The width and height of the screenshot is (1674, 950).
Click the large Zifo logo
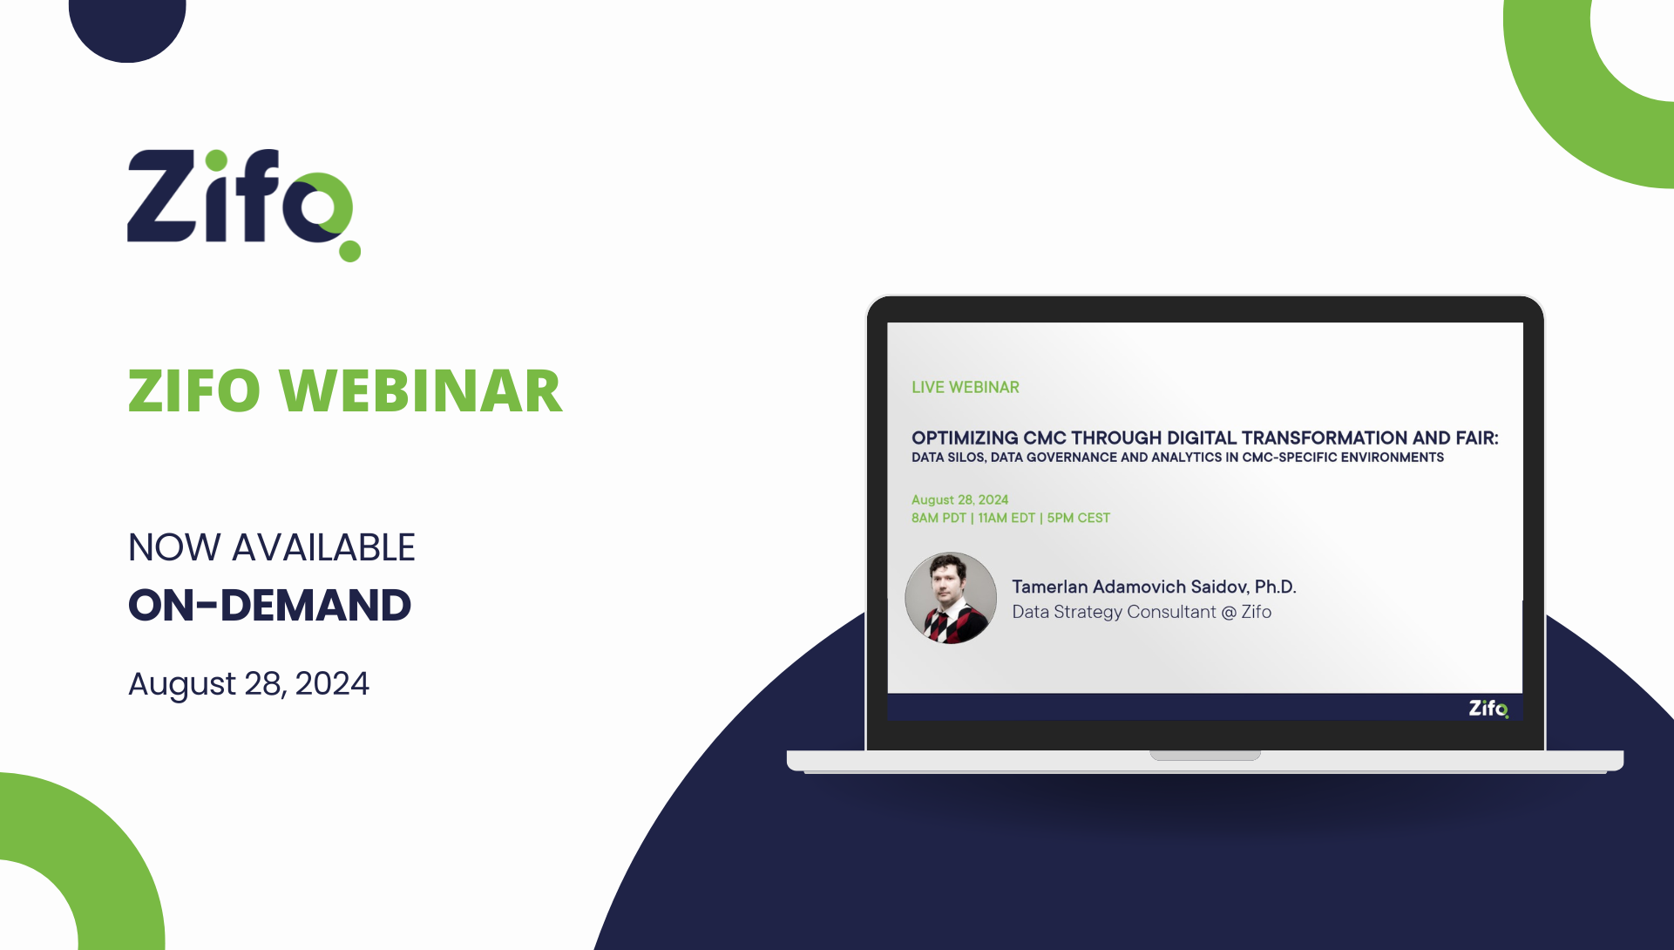tap(244, 205)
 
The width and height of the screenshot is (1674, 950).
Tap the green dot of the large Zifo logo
tap(350, 251)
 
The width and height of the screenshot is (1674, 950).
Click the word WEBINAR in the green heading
tap(421, 390)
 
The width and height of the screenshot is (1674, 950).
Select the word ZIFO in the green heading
tap(194, 390)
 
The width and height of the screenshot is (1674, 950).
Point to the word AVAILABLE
tap(323, 547)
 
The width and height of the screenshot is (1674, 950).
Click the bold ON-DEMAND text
tap(269, 605)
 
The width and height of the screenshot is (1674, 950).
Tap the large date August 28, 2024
tap(248, 684)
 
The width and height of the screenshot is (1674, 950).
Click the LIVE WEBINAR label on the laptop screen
tap(966, 387)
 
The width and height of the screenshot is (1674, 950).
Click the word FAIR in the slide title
tap(1477, 438)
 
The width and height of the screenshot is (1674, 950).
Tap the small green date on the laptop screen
tap(959, 499)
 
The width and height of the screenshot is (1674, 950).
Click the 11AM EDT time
tap(1006, 518)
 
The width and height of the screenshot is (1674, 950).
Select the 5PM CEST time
tap(1079, 518)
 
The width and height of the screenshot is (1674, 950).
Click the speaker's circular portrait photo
tap(951, 598)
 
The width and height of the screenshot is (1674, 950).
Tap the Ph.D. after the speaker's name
tap(1276, 587)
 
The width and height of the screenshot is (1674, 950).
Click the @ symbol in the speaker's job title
tap(1229, 612)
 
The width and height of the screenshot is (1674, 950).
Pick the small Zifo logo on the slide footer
tap(1488, 708)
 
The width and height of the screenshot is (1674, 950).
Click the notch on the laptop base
tap(1205, 755)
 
